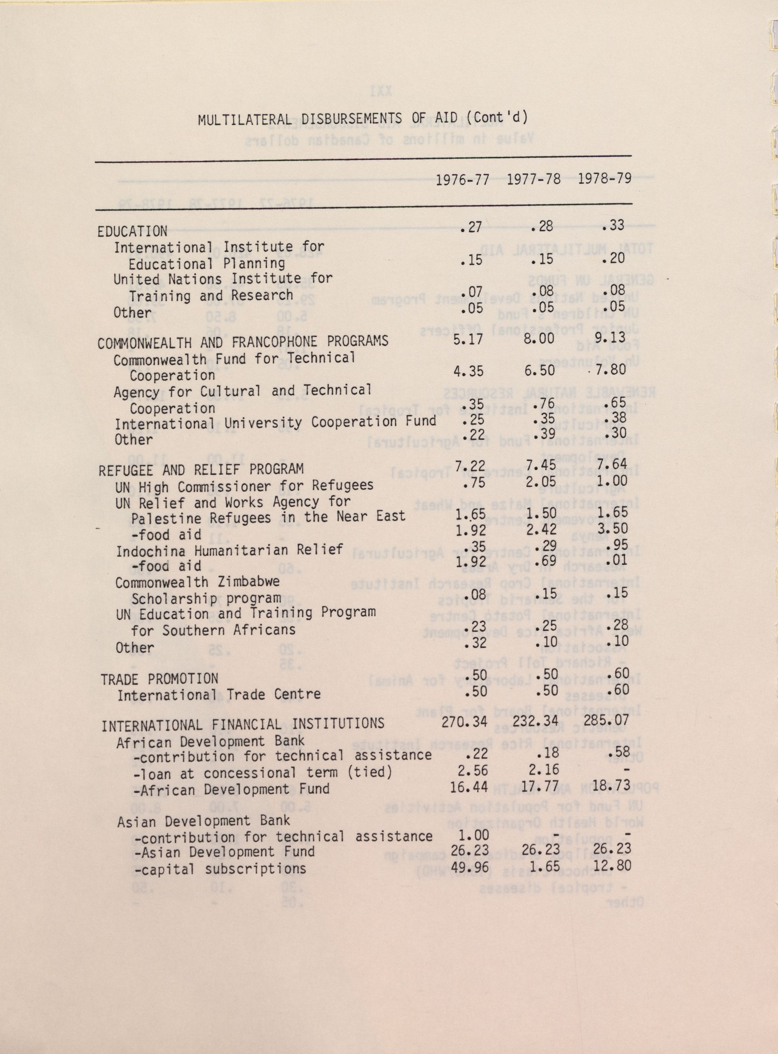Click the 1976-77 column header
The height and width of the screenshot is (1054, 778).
[462, 181]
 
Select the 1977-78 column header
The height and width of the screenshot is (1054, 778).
[534, 180]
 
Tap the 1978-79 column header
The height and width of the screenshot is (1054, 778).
[605, 179]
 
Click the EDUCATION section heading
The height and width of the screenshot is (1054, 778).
[132, 231]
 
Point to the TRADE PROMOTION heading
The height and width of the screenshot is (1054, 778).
[159, 679]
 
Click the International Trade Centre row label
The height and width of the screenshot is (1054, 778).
[219, 695]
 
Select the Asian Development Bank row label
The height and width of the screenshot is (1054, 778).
[204, 821]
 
